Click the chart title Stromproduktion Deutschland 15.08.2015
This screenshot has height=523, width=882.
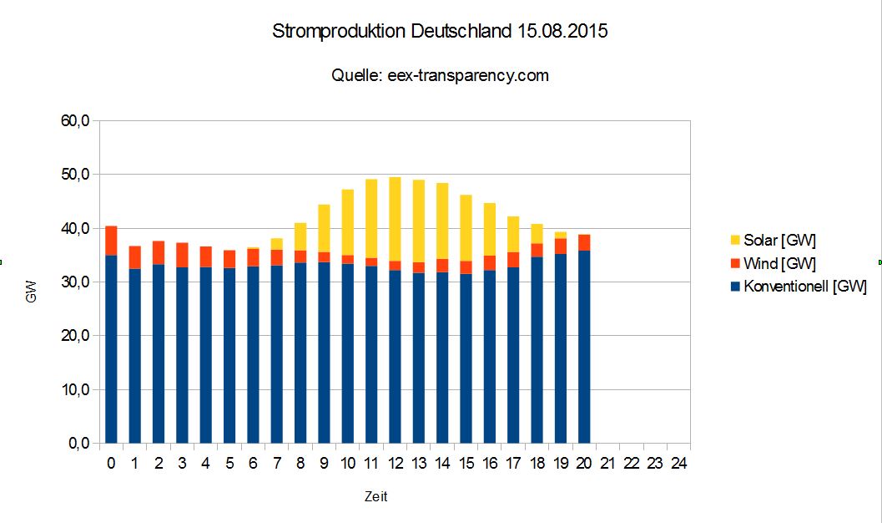point(441,33)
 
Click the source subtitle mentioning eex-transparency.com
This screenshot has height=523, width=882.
point(441,75)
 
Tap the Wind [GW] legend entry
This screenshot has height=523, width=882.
point(780,264)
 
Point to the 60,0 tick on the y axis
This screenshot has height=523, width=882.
point(75,121)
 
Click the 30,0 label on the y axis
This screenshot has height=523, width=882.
point(75,282)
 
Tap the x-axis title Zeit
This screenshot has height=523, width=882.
point(375,497)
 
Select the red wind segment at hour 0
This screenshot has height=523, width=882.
point(111,241)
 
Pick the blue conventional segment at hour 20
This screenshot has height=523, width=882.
point(584,347)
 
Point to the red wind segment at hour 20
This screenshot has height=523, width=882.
point(584,242)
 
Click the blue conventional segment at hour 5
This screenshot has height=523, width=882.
point(229,355)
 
